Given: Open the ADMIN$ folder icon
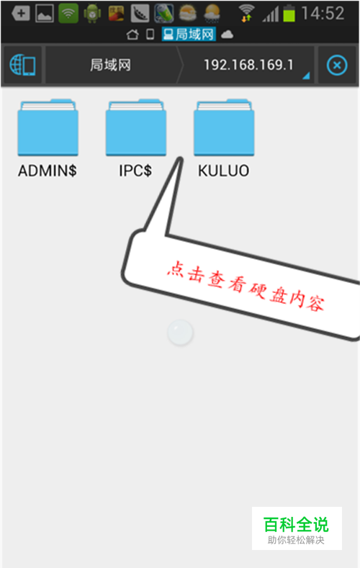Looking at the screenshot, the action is [48, 127].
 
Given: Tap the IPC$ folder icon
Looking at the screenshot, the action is [136, 127].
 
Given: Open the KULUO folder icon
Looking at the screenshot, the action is [224, 127].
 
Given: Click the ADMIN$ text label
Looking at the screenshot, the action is [48, 171].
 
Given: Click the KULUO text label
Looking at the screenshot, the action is [223, 171].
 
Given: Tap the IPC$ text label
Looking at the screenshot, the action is [135, 171].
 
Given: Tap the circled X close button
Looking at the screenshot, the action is [337, 66].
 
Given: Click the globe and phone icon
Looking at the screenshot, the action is [22, 66].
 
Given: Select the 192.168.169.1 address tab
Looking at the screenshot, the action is [248, 66].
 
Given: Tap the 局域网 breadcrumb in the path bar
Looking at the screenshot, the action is [110, 66].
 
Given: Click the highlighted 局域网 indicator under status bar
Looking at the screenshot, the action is [189, 35].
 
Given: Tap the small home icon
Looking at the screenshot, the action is [132, 35].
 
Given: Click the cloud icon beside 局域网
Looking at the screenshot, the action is [227, 35].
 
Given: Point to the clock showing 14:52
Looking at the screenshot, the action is [323, 14].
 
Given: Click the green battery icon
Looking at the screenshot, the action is [289, 13].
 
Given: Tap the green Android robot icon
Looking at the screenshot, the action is [92, 14].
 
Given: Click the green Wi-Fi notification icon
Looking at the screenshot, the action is [68, 14].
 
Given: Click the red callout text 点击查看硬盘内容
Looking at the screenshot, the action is [246, 286].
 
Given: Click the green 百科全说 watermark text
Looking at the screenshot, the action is [296, 524].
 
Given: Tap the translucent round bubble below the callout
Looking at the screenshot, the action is [181, 332].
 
